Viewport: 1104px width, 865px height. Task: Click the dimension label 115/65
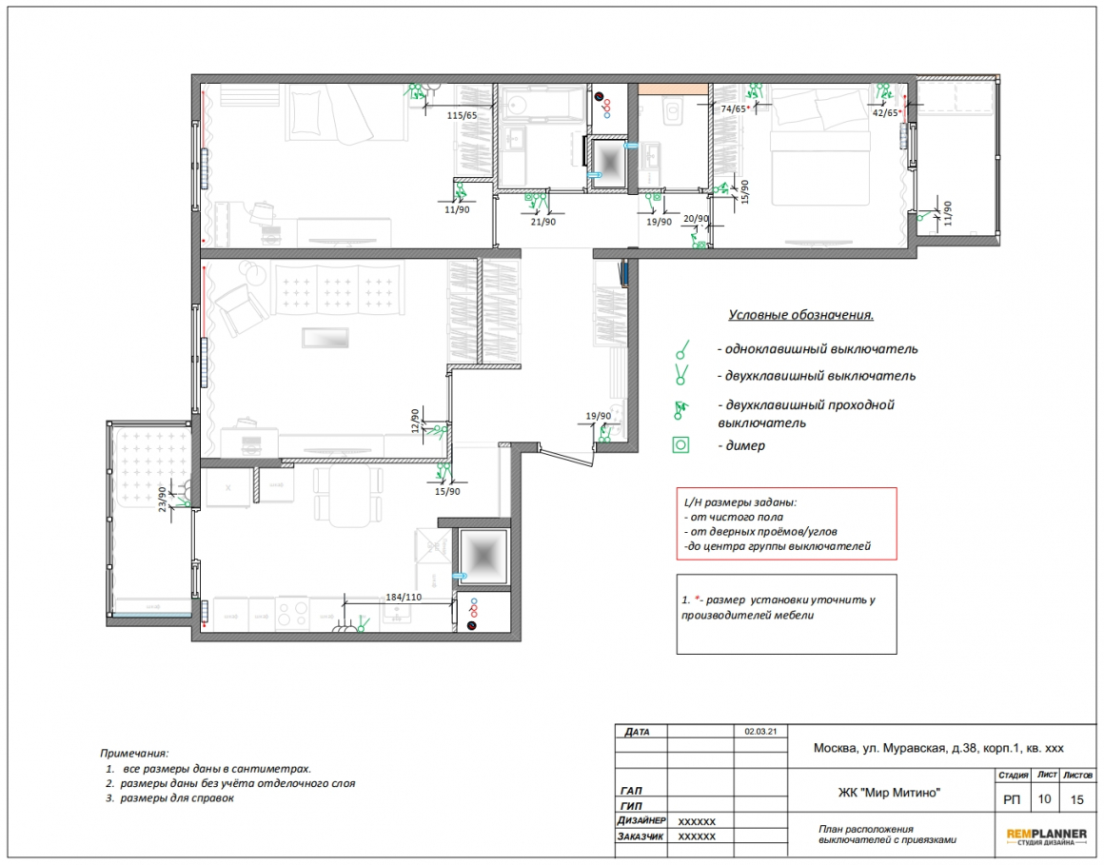tap(462, 115)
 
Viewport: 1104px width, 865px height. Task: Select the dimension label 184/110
tap(404, 597)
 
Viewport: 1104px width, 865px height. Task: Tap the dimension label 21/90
tap(542, 222)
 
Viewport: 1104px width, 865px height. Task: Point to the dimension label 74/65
tap(733, 109)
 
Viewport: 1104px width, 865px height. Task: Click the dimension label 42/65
tap(885, 112)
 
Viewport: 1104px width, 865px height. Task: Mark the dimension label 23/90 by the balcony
tap(163, 499)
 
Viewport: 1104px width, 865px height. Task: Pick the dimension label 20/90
tap(696, 218)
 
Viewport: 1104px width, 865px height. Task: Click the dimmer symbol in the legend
tap(680, 444)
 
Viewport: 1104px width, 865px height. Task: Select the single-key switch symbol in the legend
tap(681, 350)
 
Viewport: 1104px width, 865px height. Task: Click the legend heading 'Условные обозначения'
tap(800, 315)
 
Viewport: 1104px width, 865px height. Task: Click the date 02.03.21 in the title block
tap(760, 731)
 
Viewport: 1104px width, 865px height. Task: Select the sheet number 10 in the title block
tap(1044, 798)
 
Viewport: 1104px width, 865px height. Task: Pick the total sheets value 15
tap(1076, 799)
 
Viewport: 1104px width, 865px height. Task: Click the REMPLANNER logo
tap(1046, 836)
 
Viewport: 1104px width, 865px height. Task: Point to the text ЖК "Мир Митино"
tap(889, 793)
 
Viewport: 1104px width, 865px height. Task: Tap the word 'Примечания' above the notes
tap(134, 753)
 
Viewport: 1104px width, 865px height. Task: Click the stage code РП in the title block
tap(1012, 799)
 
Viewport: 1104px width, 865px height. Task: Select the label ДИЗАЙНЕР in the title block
tap(641, 820)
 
